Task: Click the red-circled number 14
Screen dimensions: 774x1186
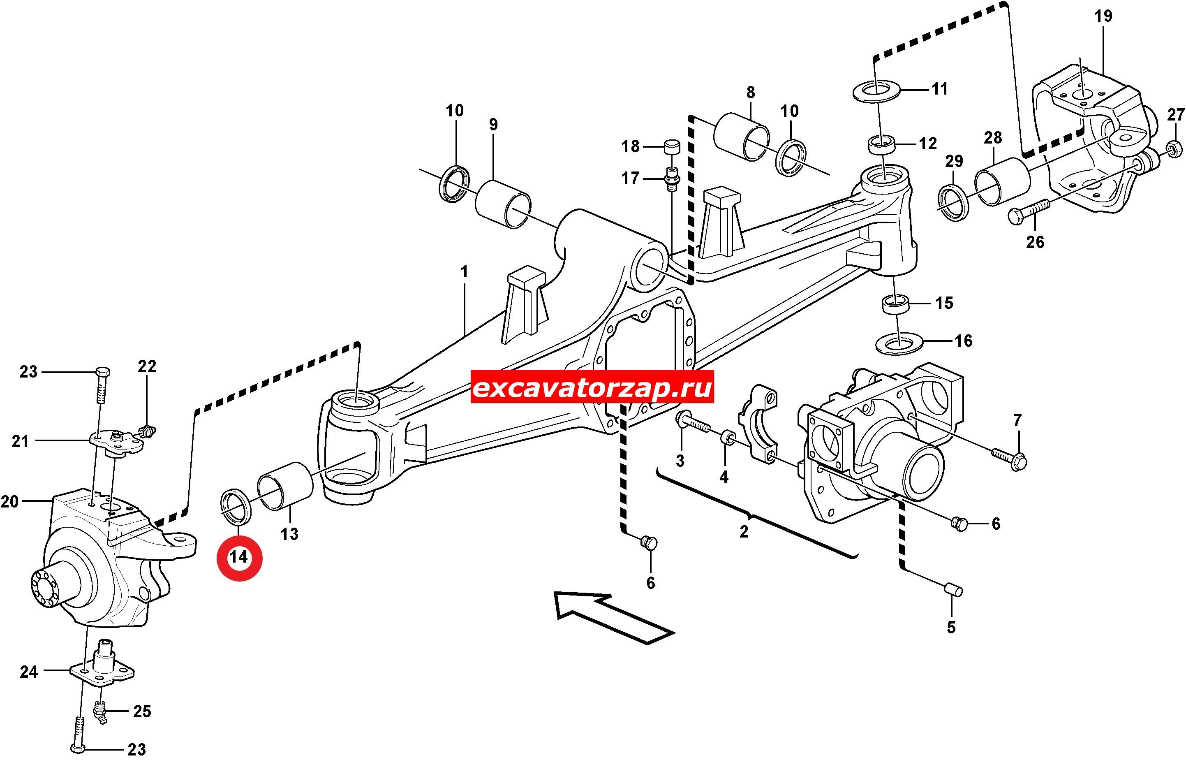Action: (x=239, y=557)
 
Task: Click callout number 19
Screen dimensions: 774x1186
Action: (x=1103, y=16)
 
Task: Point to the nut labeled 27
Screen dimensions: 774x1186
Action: (x=1172, y=148)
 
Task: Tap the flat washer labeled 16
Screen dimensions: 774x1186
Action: (x=899, y=343)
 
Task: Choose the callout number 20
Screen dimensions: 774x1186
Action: (x=9, y=501)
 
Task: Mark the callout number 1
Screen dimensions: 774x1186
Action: (x=465, y=273)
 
